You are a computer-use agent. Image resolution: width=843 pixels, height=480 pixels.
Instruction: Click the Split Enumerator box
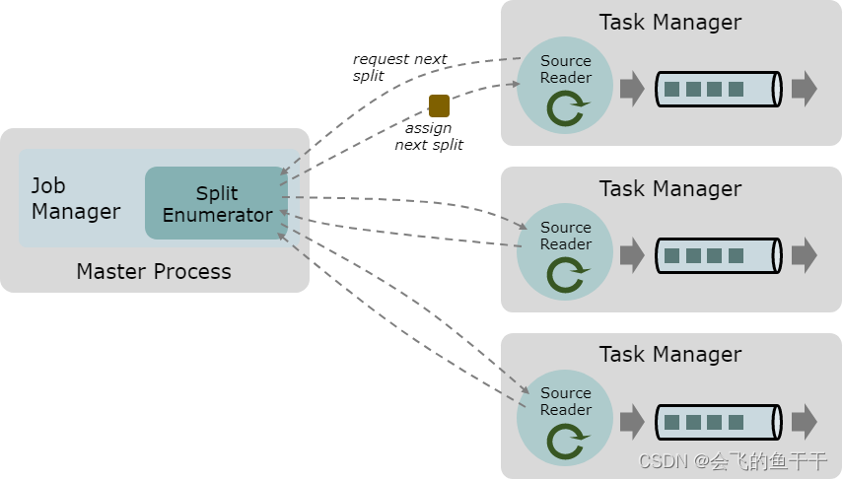[217, 203]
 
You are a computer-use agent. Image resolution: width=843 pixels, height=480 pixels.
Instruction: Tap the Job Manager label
[76, 198]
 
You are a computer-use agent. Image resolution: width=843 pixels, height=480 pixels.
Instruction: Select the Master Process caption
[154, 271]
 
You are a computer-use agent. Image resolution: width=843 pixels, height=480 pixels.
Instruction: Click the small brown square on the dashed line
[439, 105]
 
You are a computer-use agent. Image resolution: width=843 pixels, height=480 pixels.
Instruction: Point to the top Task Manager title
[670, 22]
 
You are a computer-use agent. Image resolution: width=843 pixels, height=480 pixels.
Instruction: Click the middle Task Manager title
[670, 188]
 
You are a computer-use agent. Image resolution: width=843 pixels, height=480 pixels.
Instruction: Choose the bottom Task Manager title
[670, 354]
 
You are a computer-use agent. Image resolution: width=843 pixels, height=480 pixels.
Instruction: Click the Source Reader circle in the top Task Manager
[565, 86]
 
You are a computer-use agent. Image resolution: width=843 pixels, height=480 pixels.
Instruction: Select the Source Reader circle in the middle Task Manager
[565, 252]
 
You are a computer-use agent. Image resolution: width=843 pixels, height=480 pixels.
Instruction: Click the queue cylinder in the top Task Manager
[718, 89]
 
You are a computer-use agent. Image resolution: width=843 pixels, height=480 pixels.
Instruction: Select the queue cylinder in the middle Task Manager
[718, 255]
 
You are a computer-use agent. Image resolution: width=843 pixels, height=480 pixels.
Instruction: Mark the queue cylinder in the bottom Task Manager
[718, 421]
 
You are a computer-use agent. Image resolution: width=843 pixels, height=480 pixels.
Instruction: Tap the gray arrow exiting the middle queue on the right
[804, 255]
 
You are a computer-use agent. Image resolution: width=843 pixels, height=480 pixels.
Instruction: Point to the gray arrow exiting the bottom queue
[804, 421]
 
